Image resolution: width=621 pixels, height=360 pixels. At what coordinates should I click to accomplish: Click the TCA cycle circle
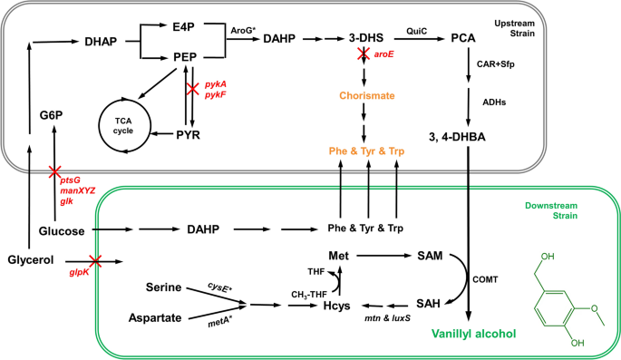click(99, 127)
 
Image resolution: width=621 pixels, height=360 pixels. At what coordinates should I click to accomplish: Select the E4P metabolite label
click(183, 27)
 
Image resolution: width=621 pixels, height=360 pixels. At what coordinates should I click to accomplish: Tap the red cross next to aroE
click(364, 54)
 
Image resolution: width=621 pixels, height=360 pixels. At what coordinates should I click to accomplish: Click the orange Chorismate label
click(367, 96)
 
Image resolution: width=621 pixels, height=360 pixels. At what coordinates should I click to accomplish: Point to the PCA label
click(463, 38)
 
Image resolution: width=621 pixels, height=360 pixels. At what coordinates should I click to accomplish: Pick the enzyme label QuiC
click(417, 31)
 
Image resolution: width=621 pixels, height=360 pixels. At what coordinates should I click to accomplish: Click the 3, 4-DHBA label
click(457, 137)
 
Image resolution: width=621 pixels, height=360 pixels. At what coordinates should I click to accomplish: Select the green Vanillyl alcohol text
click(473, 334)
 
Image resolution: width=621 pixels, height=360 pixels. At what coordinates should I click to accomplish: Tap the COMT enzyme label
click(485, 279)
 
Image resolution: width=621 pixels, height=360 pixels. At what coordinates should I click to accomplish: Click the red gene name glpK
click(79, 272)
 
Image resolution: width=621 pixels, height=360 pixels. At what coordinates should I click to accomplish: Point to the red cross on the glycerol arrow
click(95, 261)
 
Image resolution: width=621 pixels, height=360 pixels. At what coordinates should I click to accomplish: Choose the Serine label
click(163, 287)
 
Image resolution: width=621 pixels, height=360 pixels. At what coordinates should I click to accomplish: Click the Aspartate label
click(155, 317)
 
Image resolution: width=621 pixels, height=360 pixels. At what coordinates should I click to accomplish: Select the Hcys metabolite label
click(336, 306)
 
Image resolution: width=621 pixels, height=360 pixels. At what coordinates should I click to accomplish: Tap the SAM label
click(430, 256)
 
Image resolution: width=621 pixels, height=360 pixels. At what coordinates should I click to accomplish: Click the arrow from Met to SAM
click(384, 256)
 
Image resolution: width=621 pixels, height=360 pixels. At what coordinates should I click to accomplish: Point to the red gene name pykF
click(215, 95)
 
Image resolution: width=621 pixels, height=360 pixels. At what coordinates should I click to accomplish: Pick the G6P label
click(51, 115)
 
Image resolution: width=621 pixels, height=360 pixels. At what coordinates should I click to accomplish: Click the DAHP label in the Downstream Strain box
click(203, 229)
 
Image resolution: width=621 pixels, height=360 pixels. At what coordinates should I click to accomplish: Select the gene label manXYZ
click(78, 190)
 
